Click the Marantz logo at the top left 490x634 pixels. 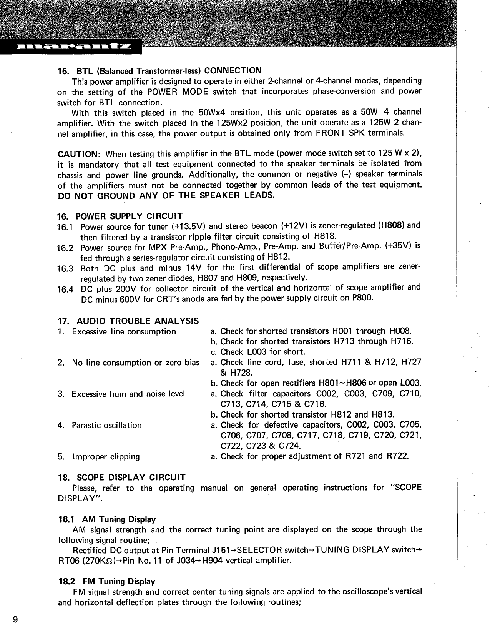[71, 48]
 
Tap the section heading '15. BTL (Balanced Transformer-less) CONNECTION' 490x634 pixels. [159, 71]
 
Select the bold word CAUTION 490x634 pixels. [79, 154]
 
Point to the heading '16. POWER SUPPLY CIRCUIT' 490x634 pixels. [120, 215]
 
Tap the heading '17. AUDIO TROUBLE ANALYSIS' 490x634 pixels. [128, 321]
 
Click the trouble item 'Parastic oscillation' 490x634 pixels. [107, 425]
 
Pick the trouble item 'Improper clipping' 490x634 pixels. [106, 457]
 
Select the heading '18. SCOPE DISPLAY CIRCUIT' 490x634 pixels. [121, 478]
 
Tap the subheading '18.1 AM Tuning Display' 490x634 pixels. [106, 519]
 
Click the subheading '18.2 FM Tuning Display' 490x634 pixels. [106, 581]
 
